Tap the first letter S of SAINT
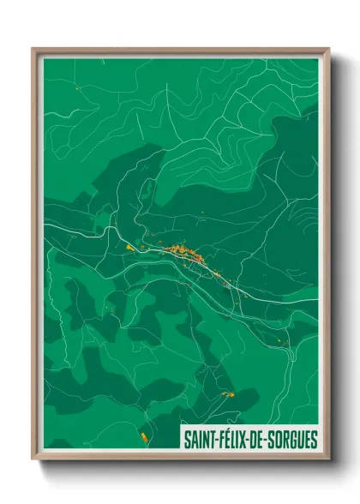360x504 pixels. click(x=186, y=439)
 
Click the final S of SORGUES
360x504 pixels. click(x=314, y=439)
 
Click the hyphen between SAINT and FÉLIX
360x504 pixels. click(x=217, y=440)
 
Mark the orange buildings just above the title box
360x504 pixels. click(x=228, y=393)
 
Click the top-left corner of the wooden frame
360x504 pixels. click(x=33, y=49)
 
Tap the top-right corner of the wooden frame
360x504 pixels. click(x=328, y=49)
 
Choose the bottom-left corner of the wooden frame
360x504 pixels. click(x=33, y=459)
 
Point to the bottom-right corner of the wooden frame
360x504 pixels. click(x=328, y=459)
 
